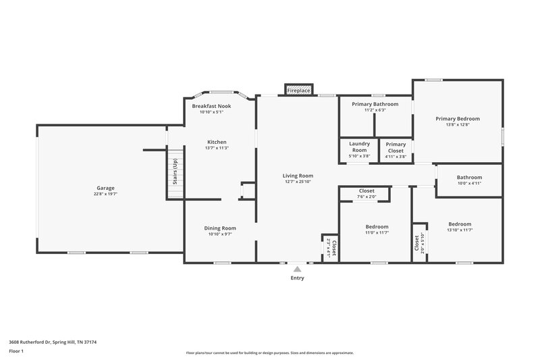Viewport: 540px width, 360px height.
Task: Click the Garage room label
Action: pyautogui.click(x=105, y=188)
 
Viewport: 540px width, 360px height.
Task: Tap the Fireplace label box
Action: pyautogui.click(x=298, y=90)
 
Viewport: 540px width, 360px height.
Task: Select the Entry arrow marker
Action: pyautogui.click(x=297, y=269)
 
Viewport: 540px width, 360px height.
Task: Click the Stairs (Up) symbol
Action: pyautogui.click(x=175, y=174)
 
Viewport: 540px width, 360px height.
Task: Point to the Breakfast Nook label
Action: pyautogui.click(x=211, y=106)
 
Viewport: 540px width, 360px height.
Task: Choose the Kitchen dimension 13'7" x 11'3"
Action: pyautogui.click(x=216, y=148)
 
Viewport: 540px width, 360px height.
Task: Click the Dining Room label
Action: pyautogui.click(x=220, y=228)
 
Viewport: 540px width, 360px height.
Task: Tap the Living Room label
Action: pyautogui.click(x=297, y=176)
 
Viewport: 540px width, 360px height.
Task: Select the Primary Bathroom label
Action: pyautogui.click(x=375, y=104)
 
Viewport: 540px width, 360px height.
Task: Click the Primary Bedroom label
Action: pyautogui.click(x=458, y=118)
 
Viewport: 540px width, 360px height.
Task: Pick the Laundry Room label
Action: pyautogui.click(x=359, y=147)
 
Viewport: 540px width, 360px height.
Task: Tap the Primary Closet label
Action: pyautogui.click(x=396, y=147)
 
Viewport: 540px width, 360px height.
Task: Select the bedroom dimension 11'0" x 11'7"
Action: pyautogui.click(x=376, y=232)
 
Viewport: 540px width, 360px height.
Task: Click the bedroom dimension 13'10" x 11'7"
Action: pyautogui.click(x=460, y=230)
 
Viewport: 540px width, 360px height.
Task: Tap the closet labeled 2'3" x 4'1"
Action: pyautogui.click(x=331, y=247)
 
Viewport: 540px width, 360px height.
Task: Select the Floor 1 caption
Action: pyautogui.click(x=17, y=352)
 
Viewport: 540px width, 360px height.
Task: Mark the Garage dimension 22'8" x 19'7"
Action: pyautogui.click(x=105, y=194)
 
